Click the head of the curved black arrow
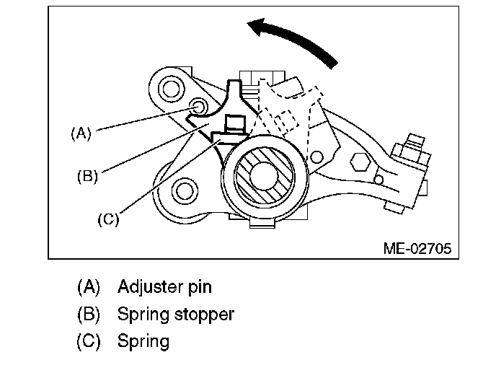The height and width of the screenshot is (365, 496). tap(257, 26)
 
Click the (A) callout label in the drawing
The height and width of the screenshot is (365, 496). tap(81, 133)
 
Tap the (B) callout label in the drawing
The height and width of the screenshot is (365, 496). tap(88, 176)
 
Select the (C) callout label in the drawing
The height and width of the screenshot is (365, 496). tap(108, 219)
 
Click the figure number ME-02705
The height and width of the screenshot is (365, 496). tap(417, 248)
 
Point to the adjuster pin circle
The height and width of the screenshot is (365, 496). tap(198, 106)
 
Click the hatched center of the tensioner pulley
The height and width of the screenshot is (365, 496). tap(264, 176)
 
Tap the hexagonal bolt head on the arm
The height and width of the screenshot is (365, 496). tap(360, 162)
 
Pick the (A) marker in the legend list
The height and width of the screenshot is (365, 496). tap(89, 287)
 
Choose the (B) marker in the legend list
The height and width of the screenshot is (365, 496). tap(89, 315)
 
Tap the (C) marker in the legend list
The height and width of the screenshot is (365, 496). tap(89, 341)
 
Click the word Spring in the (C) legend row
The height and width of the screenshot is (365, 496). tap(143, 342)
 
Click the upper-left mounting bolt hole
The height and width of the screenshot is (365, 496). tap(170, 88)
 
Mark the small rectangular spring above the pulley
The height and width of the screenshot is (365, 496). tap(235, 124)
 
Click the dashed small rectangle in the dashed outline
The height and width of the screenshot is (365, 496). tap(287, 120)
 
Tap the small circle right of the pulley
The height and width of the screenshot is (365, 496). tap(316, 157)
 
